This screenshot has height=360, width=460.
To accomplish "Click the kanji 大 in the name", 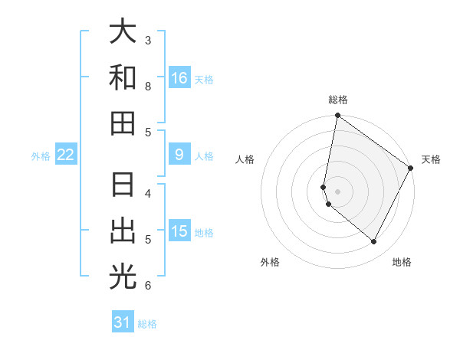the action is (x=123, y=32).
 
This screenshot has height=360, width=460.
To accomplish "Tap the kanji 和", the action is (x=123, y=78).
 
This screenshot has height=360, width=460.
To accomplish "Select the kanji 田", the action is (x=123, y=123).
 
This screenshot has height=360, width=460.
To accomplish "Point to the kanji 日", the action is (x=123, y=186).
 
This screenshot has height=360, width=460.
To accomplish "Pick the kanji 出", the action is (x=123, y=231).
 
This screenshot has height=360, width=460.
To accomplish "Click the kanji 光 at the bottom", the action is (x=123, y=277).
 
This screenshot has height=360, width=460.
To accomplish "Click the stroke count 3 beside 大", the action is (x=148, y=40).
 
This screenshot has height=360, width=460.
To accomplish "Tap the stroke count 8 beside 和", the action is (x=148, y=86).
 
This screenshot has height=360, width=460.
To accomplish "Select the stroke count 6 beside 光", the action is (x=148, y=286).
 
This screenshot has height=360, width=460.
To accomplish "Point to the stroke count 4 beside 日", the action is (x=148, y=193).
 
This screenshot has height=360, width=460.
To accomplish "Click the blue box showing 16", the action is (x=179, y=77).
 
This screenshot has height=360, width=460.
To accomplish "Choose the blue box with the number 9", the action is (x=179, y=155).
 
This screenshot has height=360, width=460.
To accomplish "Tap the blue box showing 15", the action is (x=179, y=231).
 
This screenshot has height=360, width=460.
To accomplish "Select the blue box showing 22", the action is (x=65, y=155).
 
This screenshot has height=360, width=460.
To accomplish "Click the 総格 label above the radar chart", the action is (x=337, y=100).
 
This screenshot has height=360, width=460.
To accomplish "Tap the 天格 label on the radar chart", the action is (x=431, y=159).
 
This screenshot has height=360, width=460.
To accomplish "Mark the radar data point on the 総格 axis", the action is (x=337, y=116).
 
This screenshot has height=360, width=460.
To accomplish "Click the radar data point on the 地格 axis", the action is (x=373, y=241).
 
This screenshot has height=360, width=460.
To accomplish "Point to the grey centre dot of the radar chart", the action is (x=337, y=191).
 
